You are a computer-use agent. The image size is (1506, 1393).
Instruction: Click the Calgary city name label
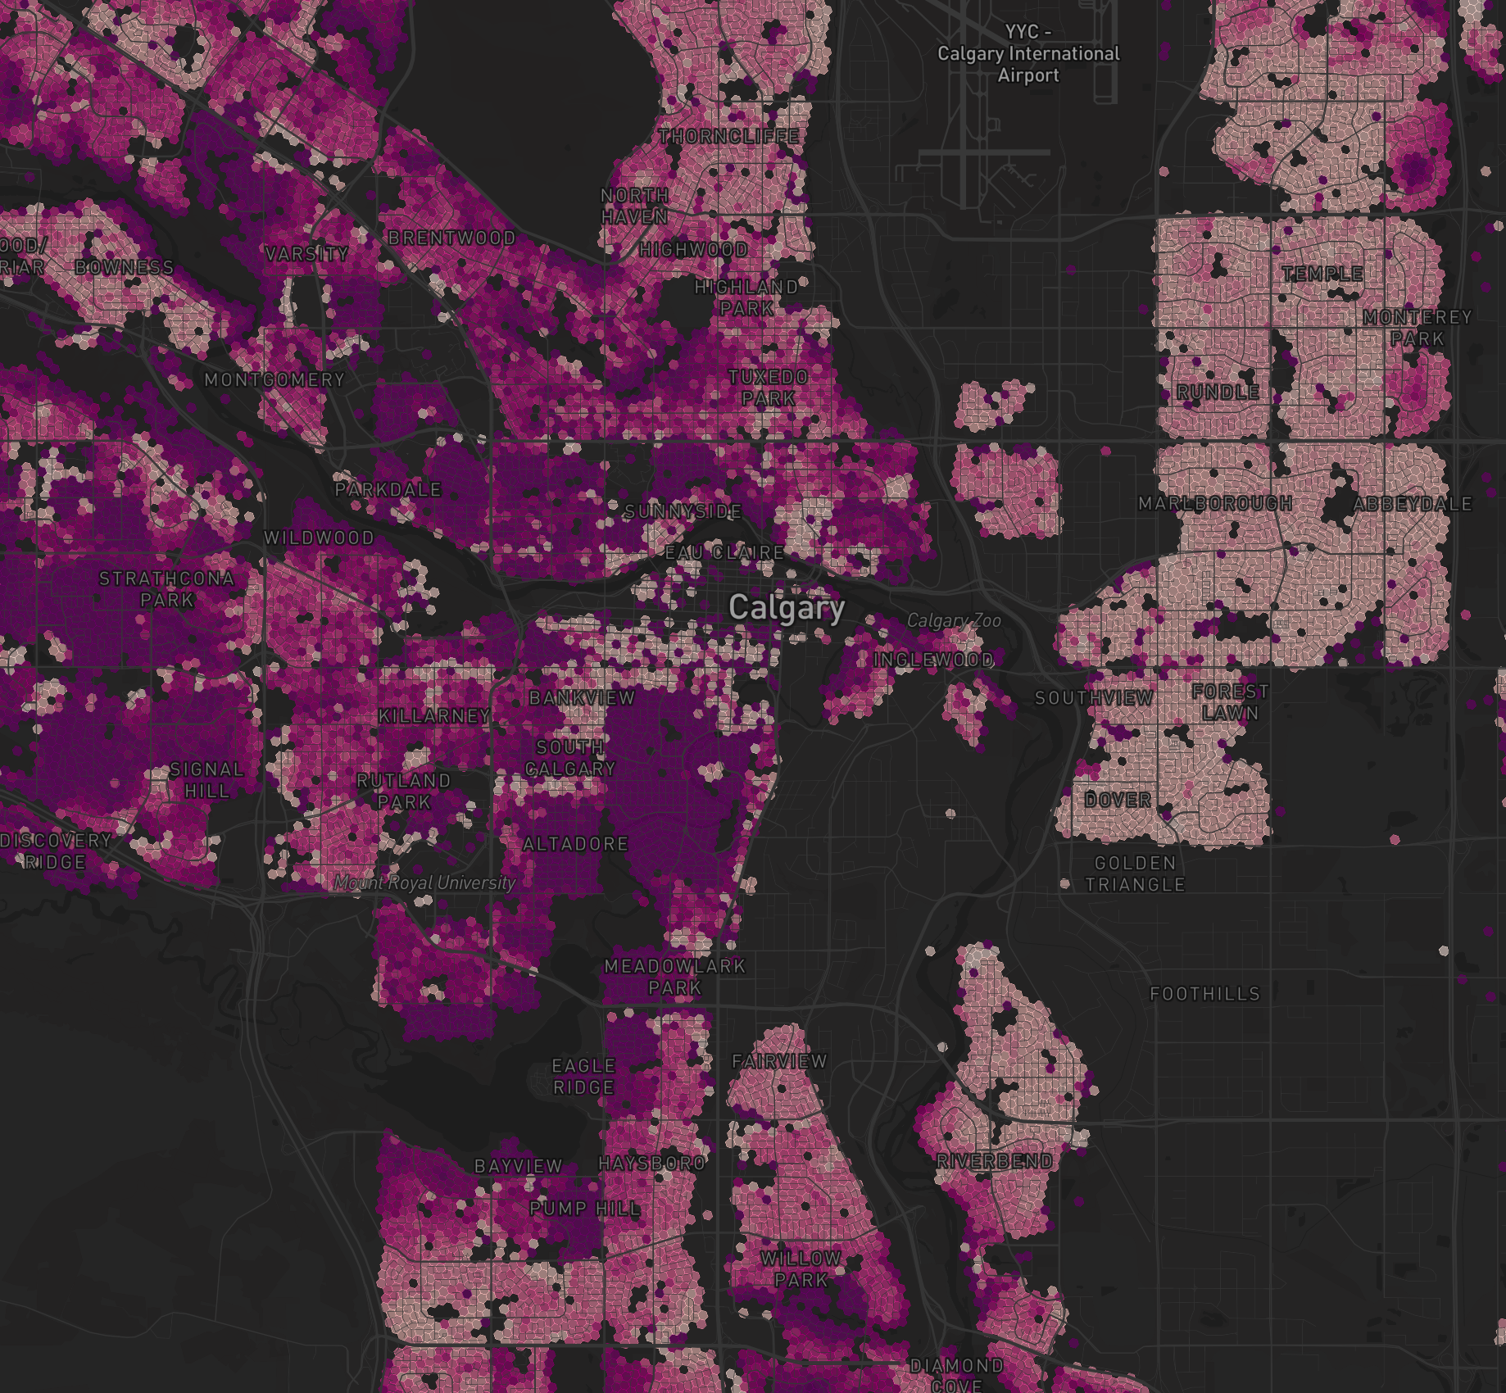[x=787, y=608]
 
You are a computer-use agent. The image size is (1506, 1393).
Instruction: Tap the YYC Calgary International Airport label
[x=1028, y=54]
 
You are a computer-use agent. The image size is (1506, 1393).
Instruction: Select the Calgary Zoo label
[x=954, y=621]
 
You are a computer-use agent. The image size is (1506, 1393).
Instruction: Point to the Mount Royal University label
[x=425, y=883]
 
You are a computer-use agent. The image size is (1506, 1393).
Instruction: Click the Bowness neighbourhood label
[x=125, y=268]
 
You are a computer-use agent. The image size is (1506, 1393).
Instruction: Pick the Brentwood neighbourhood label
[x=452, y=238]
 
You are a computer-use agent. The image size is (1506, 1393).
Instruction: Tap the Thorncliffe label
[x=728, y=137]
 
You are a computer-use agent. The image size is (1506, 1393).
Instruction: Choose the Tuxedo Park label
[x=769, y=388]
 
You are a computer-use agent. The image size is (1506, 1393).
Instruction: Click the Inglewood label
[x=934, y=660]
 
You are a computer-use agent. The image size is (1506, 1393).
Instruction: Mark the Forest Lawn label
[x=1230, y=702]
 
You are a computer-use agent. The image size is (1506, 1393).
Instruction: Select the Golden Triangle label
[x=1135, y=873]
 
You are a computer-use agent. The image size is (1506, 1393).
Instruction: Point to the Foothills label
[x=1204, y=994]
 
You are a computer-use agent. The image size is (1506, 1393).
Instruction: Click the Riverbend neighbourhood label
[x=995, y=1161]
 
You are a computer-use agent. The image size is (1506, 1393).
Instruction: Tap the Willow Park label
[x=801, y=1268]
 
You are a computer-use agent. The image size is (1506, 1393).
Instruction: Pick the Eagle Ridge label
[x=583, y=1077]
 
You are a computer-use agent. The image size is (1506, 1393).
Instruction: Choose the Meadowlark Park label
[x=675, y=977]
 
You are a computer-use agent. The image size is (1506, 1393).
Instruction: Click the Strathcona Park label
[x=167, y=589]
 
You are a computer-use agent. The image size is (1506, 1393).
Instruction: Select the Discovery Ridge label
[x=56, y=851]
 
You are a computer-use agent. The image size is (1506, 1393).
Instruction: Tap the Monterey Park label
[x=1418, y=328]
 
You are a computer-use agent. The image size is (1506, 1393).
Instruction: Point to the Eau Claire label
[x=724, y=553]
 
